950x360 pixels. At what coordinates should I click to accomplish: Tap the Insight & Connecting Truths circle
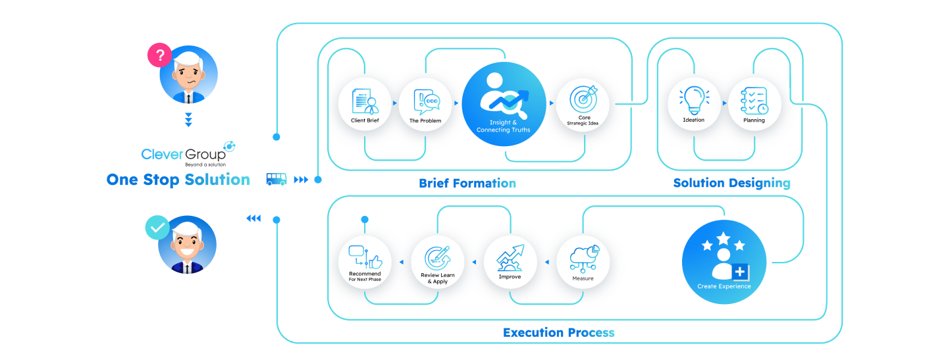[504, 105]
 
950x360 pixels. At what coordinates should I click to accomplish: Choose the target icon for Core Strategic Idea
[583, 99]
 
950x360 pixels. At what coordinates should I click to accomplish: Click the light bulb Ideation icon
[694, 99]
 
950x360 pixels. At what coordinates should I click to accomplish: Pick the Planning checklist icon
[754, 100]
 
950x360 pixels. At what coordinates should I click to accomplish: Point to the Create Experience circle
[724, 261]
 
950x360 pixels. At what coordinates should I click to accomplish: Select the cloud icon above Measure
[583, 257]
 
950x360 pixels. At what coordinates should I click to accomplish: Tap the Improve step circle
[510, 263]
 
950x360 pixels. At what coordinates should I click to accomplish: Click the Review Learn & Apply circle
[438, 263]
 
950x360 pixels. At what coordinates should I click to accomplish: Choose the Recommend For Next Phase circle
[365, 263]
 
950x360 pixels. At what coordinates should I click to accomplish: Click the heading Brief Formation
[467, 183]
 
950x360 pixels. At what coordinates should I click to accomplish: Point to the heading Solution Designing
[731, 183]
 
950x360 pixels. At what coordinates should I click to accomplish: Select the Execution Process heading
[558, 332]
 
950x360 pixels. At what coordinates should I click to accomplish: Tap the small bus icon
[276, 179]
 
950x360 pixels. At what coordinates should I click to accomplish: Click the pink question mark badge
[159, 55]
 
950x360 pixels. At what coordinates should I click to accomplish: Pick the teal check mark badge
[157, 228]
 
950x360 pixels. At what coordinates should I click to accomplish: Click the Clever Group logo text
[183, 154]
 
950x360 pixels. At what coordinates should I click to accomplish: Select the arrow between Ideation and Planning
[724, 103]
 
